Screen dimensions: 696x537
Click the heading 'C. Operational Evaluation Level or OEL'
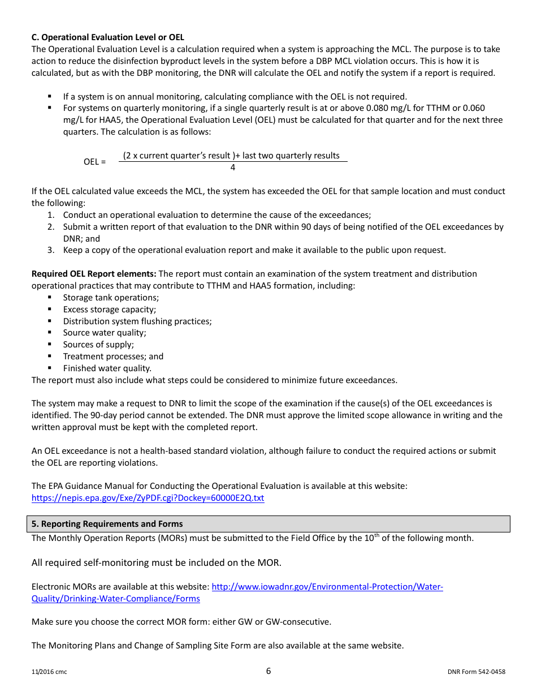click(x=107, y=37)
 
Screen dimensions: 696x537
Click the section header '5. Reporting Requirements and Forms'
click(x=107, y=524)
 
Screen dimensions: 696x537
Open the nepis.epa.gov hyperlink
click(x=148, y=498)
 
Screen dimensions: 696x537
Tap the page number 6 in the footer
click(x=268, y=671)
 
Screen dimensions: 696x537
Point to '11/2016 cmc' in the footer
click(x=49, y=672)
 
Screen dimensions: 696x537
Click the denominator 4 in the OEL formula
click(x=232, y=167)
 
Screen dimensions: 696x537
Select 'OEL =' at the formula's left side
click(x=94, y=162)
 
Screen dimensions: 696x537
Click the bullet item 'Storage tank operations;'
click(x=111, y=298)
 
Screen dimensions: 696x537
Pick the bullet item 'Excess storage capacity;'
click(x=110, y=310)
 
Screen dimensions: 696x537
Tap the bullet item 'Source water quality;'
click(x=105, y=333)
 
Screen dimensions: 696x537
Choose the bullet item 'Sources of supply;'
click(x=98, y=345)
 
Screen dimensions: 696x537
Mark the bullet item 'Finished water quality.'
click(x=107, y=368)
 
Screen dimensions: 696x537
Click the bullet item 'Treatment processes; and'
click(x=113, y=356)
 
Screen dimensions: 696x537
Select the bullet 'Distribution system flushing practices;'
click(x=137, y=321)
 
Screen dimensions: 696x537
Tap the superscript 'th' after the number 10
click(x=376, y=535)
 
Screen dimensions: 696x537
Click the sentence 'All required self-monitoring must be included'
click(x=156, y=562)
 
